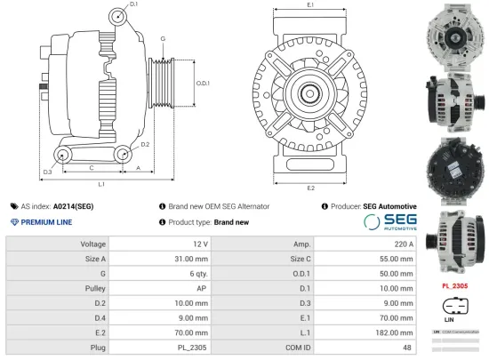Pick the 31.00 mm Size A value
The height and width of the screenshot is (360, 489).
coord(191,259)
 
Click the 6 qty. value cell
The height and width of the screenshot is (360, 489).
coord(196,274)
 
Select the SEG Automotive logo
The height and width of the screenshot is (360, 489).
coord(389,222)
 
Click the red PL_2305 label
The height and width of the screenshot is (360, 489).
coord(454,286)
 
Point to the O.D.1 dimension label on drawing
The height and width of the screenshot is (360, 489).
coord(202,83)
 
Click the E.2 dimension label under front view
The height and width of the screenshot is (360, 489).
coord(310,188)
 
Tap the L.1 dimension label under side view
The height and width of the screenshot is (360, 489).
coord(101,184)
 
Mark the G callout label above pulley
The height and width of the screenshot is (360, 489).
coord(163,38)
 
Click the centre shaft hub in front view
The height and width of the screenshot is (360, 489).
coord(311,91)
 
